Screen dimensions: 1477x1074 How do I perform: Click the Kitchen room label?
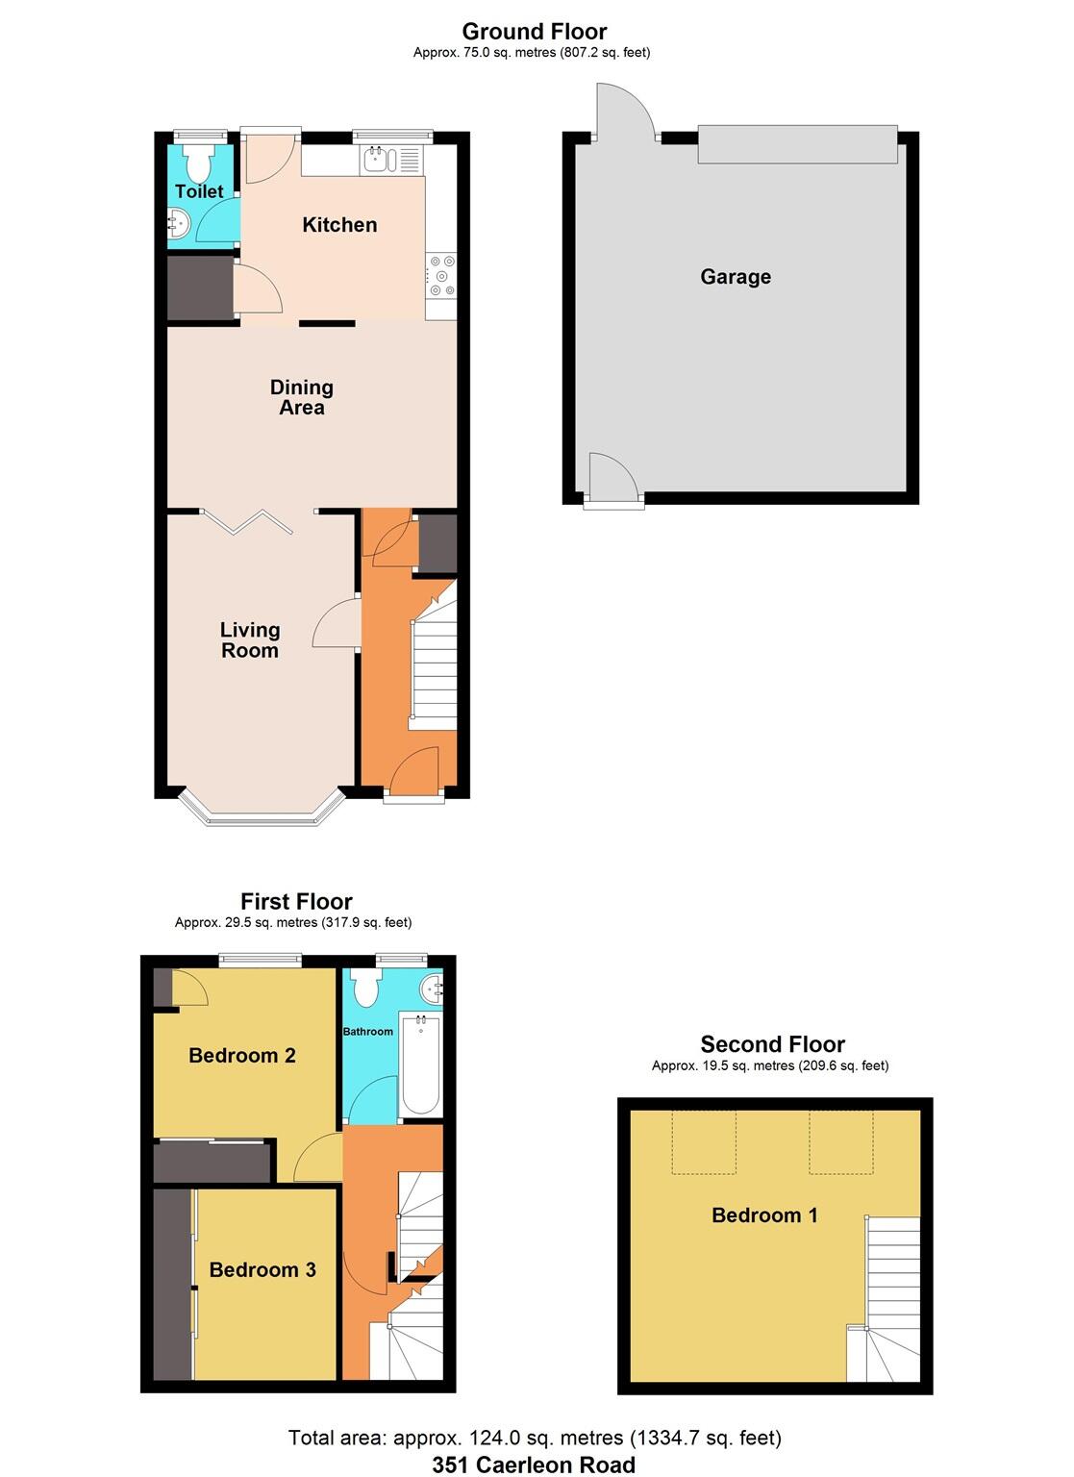(x=339, y=225)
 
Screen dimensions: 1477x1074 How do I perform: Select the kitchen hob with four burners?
(x=442, y=275)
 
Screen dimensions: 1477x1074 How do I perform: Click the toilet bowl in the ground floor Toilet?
(x=200, y=164)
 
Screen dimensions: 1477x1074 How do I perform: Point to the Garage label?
(x=736, y=277)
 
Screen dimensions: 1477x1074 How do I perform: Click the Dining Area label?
(x=301, y=397)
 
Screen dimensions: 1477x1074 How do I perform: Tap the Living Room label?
(x=250, y=639)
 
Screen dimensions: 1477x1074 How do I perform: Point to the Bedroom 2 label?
(x=241, y=1056)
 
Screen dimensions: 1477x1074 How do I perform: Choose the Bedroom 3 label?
(x=262, y=1270)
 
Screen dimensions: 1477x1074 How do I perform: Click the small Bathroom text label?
(x=368, y=1032)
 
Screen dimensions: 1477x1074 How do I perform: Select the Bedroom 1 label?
(x=764, y=1215)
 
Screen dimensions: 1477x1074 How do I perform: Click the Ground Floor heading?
(x=534, y=31)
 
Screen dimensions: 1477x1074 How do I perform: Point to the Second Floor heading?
(x=772, y=1044)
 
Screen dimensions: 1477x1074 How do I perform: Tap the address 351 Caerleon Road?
(x=534, y=1464)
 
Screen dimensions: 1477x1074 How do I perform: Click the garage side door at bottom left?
(x=612, y=478)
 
